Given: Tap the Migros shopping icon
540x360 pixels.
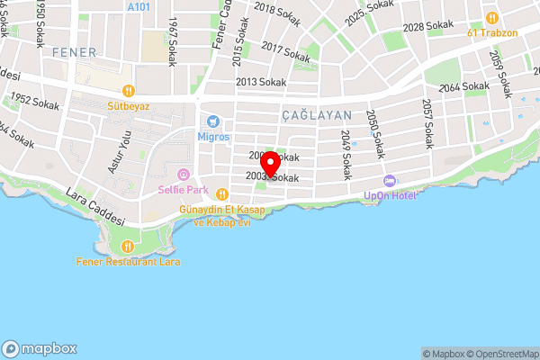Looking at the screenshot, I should pos(213,121).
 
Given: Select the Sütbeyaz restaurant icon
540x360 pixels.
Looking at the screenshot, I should pos(129,89).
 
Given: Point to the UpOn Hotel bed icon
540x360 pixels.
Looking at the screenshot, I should pos(390,182).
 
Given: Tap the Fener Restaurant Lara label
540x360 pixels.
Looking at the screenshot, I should pos(129,262).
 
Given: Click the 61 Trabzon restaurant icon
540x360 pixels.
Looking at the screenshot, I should pos(491,18).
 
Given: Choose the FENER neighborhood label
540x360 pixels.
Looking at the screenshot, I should pos(74,52).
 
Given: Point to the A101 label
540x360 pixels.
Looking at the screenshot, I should pos(139,6).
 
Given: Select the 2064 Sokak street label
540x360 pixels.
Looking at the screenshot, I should pos(464,87).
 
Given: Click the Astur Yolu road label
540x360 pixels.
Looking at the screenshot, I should pos(120,152).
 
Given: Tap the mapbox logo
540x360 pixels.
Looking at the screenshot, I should pos(40,348).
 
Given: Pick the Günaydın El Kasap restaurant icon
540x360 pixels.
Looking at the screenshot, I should pos(222,194).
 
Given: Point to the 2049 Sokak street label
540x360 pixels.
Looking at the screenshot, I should pos(346,154).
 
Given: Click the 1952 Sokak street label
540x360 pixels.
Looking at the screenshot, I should pos(34,103).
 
